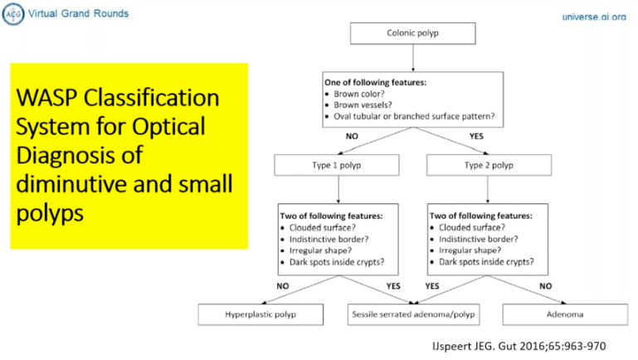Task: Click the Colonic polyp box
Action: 412,34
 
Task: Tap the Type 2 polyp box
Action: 489,165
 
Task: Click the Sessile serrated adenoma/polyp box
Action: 413,315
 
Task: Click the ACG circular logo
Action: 12,13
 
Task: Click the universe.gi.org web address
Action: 593,17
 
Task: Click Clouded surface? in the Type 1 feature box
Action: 325,226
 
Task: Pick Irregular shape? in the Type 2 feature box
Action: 472,250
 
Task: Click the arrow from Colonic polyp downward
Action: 412,57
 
